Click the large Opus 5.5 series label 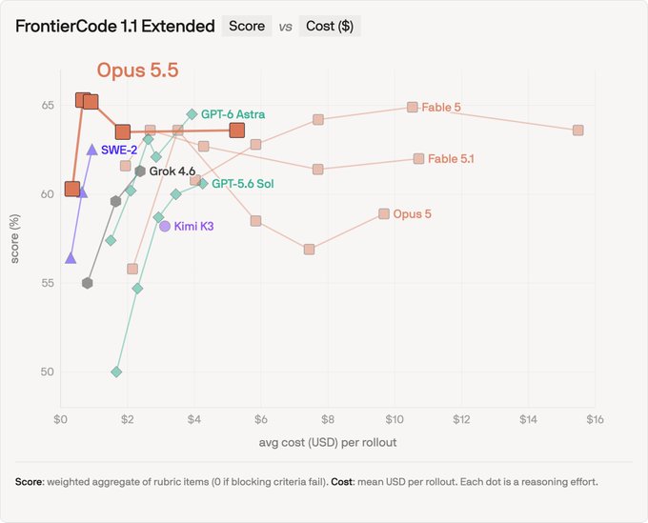[137, 70]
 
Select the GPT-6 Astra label [233, 114]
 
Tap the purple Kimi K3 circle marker [165, 226]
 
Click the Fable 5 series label [441, 108]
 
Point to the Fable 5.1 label [451, 159]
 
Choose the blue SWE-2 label [119, 150]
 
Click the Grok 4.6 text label [172, 171]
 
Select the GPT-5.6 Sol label [243, 184]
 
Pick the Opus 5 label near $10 [412, 214]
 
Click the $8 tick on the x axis [328, 420]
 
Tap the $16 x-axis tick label [595, 420]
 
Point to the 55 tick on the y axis [48, 283]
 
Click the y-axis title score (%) [15, 238]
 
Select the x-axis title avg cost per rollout [328, 442]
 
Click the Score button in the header [247, 26]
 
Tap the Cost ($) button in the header [330, 26]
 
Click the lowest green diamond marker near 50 [116, 372]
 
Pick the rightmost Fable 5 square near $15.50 [578, 131]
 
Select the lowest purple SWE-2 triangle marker [71, 258]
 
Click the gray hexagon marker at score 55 [88, 283]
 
